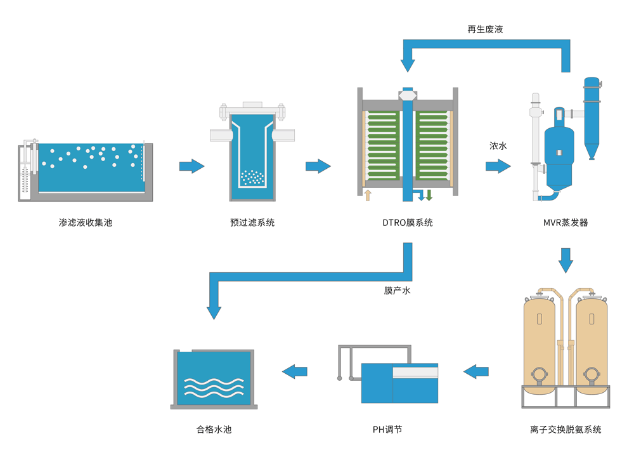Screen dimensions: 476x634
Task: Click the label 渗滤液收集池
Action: [85, 223]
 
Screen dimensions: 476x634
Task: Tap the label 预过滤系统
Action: [252, 223]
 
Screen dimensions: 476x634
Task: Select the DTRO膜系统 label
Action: [408, 223]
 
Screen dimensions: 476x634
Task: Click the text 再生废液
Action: [485, 29]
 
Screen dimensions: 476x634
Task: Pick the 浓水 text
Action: [498, 146]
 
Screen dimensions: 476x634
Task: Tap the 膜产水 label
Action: [398, 290]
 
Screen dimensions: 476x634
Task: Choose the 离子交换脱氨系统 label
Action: [566, 430]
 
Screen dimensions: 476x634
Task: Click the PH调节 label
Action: [387, 430]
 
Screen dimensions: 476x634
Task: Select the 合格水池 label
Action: [214, 430]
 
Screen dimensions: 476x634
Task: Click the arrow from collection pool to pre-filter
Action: [191, 166]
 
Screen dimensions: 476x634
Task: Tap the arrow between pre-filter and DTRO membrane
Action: [318, 166]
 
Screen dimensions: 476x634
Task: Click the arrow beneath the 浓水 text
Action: [498, 166]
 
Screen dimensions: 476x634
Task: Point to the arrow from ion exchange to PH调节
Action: [476, 371]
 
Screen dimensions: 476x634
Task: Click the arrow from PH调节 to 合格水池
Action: [295, 371]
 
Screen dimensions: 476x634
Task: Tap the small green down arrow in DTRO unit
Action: [429, 195]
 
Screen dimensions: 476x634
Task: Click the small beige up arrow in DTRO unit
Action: [367, 194]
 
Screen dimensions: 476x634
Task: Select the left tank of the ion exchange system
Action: [540, 343]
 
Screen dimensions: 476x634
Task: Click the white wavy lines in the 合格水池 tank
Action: [213, 387]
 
